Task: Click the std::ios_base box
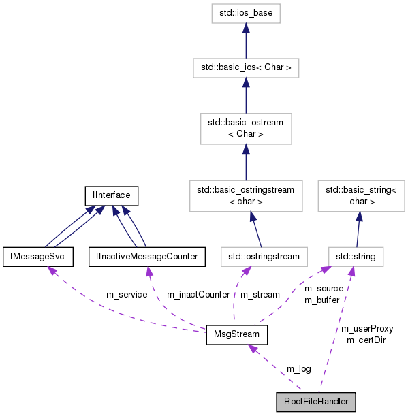245,12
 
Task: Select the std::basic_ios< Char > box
245,68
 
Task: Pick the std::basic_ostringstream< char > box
245,195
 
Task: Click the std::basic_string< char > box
352,195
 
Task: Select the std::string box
351,257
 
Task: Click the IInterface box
111,195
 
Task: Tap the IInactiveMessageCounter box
146,257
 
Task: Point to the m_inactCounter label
198,294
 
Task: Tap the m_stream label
261,294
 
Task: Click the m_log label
298,368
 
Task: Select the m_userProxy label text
367,328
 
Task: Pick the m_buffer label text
321,300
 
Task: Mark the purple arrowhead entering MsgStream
253,349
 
